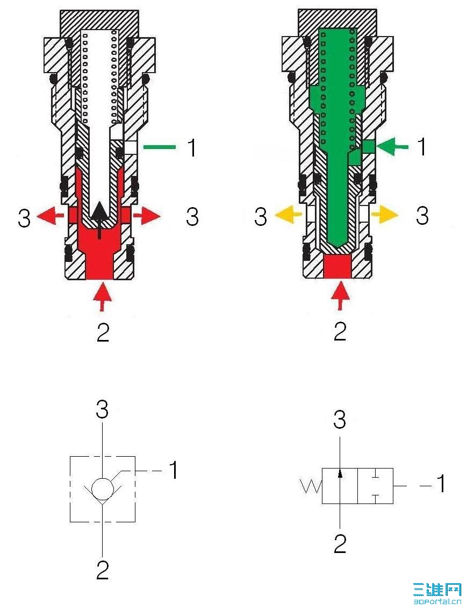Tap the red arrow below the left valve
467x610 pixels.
(x=102, y=296)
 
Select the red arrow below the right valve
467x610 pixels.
(x=340, y=296)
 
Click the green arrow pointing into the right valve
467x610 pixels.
(x=392, y=147)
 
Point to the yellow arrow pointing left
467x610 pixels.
(x=288, y=214)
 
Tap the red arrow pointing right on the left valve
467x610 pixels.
(x=147, y=215)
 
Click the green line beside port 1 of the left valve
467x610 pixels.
(x=159, y=147)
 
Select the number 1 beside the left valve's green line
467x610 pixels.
(x=191, y=147)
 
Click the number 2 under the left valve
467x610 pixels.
(x=103, y=332)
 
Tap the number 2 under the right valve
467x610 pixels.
(x=340, y=331)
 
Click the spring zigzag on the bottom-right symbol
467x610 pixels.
(x=311, y=486)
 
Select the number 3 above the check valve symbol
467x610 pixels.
(x=102, y=410)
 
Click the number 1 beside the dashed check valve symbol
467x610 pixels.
(x=173, y=470)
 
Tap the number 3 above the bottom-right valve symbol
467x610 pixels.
(x=340, y=420)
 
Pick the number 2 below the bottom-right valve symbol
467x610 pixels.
(x=340, y=544)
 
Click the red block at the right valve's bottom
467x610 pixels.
(x=337, y=267)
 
